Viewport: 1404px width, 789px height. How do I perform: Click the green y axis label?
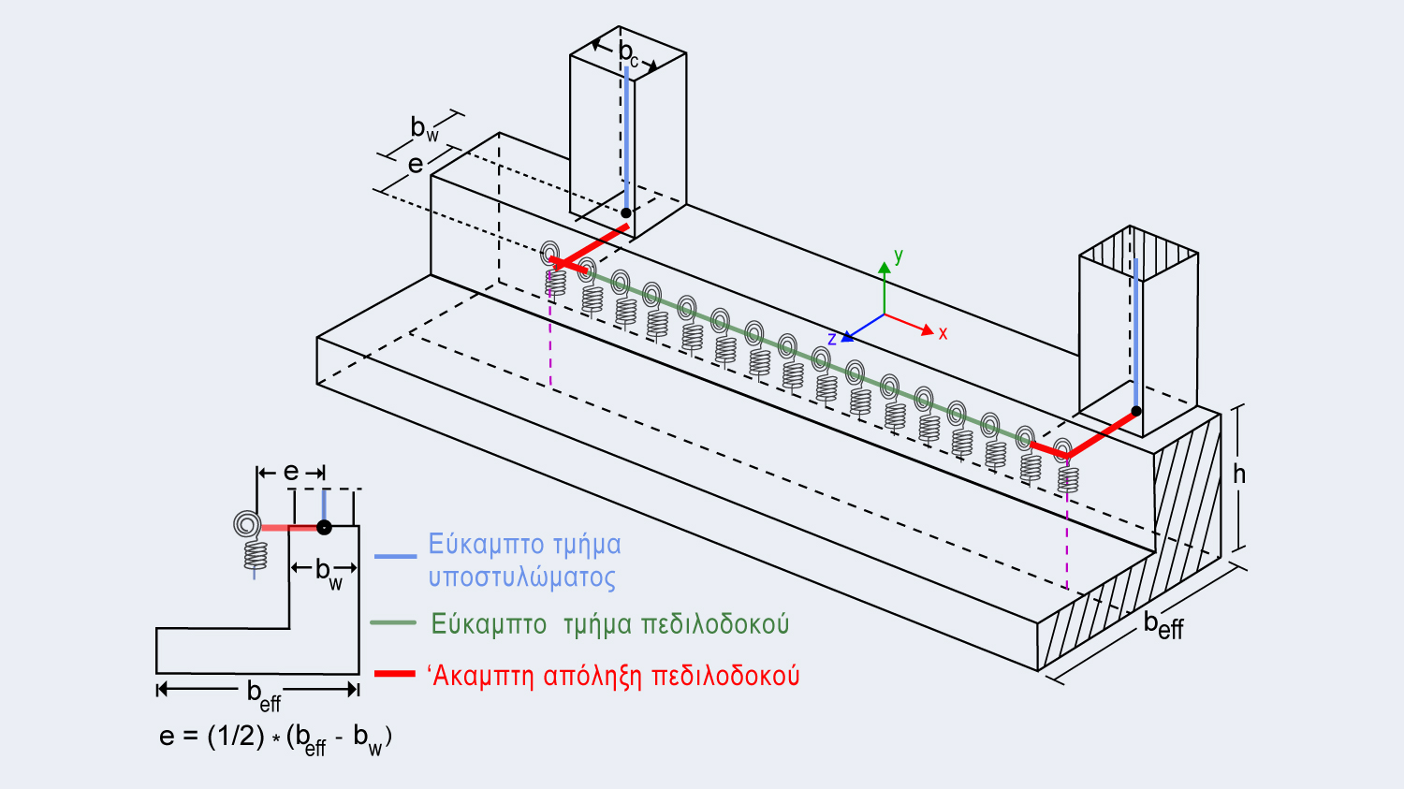pyautogui.click(x=899, y=256)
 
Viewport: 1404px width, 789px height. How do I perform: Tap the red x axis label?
pyautogui.click(x=943, y=333)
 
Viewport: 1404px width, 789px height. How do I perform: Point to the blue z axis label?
pyautogui.click(x=831, y=339)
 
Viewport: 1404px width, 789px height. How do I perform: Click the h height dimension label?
pyautogui.click(x=1239, y=475)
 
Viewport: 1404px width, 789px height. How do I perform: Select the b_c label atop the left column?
pyautogui.click(x=628, y=52)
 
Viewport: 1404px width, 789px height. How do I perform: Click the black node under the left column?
pyautogui.click(x=626, y=212)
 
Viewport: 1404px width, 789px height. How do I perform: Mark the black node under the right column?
pyautogui.click(x=1136, y=411)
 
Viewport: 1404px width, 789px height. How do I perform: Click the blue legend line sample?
pyautogui.click(x=395, y=557)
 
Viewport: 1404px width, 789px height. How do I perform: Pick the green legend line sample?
pyautogui.click(x=393, y=622)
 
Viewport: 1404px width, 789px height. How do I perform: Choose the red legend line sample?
pyautogui.click(x=394, y=674)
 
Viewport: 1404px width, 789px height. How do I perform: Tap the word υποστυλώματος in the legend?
pyautogui.click(x=521, y=577)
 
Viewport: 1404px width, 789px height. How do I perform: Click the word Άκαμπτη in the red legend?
pyautogui.click(x=482, y=676)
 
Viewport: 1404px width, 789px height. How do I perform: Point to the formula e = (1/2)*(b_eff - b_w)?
pyautogui.click(x=275, y=738)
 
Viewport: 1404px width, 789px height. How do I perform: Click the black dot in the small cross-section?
pyautogui.click(x=324, y=527)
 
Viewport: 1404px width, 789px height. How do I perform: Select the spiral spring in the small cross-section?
pyautogui.click(x=247, y=524)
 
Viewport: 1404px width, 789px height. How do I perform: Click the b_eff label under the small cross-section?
pyautogui.click(x=263, y=694)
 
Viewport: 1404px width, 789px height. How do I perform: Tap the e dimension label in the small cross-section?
pyautogui.click(x=291, y=472)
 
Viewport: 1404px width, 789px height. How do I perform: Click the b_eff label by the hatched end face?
pyautogui.click(x=1163, y=624)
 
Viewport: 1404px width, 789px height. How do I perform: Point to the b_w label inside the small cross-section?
pyautogui.click(x=328, y=572)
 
